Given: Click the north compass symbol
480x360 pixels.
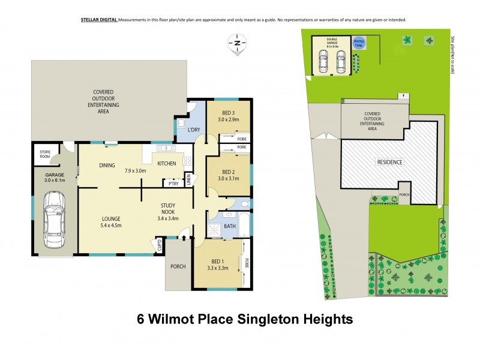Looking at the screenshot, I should coord(238,43).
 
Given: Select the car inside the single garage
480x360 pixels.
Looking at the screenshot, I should coord(55,218).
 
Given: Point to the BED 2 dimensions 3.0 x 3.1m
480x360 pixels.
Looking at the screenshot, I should coord(229,178).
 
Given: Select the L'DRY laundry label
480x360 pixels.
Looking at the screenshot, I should coord(194,130).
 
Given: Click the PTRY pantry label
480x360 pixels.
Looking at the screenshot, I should coord(173,184).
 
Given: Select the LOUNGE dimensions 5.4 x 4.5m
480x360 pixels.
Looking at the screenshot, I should coord(112,226).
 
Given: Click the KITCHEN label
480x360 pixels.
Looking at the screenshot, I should coord(166,163).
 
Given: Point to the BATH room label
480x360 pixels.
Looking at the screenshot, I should coord(230,226).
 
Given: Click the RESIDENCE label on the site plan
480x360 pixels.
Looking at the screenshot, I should coord(389,162).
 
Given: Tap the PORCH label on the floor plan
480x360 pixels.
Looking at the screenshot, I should coord(178,267).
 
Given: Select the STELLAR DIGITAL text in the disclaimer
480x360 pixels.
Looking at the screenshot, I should coord(98,20).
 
